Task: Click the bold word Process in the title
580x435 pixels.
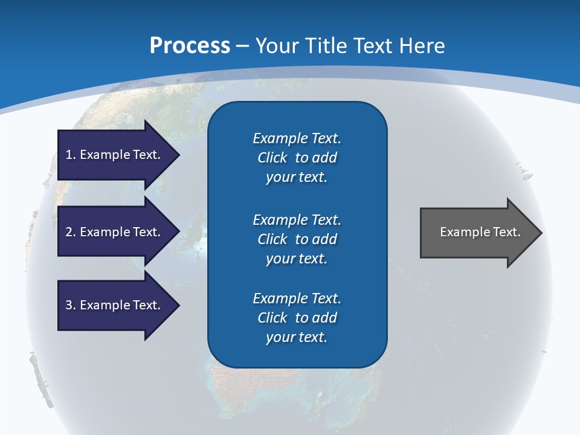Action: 190,46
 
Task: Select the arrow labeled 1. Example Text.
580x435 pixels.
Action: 115,155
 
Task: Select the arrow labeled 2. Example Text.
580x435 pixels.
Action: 115,232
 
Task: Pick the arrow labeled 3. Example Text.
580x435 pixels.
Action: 115,305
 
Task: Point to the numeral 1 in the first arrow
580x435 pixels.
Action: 69,155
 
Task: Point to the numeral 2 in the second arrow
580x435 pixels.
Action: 69,232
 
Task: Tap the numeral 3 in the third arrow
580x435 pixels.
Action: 69,305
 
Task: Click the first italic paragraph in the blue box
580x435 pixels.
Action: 297,158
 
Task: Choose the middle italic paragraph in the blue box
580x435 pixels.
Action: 297,239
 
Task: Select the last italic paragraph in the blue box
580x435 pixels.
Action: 297,318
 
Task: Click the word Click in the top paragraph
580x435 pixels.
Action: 272,158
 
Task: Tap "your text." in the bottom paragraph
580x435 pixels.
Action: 297,337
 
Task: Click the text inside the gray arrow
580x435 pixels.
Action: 480,232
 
